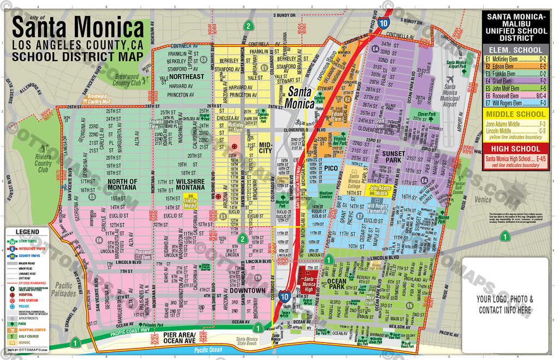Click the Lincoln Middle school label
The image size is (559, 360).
(x=190, y=203)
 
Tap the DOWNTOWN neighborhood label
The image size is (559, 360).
(x=247, y=291)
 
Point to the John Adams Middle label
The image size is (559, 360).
(x=382, y=190)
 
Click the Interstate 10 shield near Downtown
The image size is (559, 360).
(x=283, y=296)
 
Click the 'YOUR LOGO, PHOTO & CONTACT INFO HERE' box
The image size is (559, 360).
(x=504, y=304)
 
